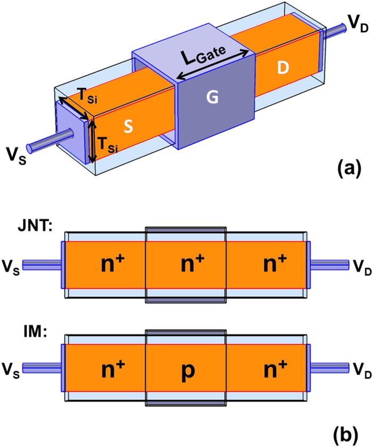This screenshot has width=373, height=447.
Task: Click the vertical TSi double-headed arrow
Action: [93, 141]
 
